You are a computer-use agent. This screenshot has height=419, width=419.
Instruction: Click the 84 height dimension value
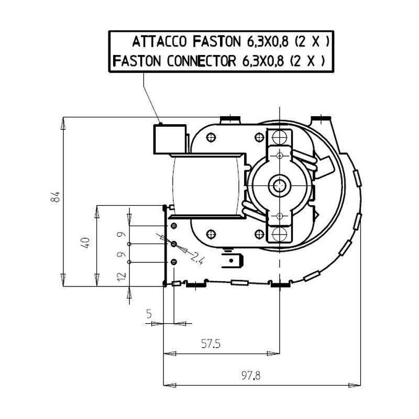(56, 197)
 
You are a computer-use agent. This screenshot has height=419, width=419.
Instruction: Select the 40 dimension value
(86, 243)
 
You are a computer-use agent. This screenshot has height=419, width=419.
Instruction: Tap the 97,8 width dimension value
(251, 376)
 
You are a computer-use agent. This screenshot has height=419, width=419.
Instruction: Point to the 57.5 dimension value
(211, 344)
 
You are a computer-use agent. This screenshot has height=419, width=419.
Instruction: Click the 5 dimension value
(149, 313)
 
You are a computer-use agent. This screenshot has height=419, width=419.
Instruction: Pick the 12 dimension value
(122, 277)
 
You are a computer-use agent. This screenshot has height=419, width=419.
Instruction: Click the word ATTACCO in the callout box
(159, 42)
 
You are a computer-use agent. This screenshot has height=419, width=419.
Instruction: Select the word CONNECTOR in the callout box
(202, 61)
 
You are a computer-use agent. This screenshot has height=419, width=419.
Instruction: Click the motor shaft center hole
(279, 185)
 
